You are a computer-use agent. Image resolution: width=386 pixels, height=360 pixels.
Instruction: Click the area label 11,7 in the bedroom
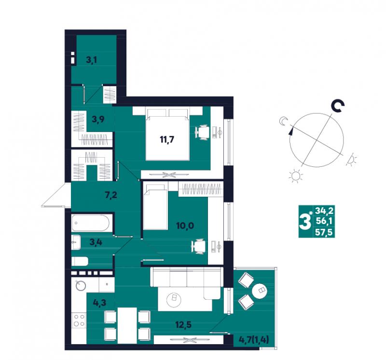[x=167, y=140]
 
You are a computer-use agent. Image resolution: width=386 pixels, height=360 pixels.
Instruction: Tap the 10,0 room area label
[x=185, y=225]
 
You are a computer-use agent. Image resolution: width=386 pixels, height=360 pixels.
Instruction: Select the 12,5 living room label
[x=183, y=325]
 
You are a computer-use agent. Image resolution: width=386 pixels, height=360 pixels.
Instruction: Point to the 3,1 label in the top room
[x=91, y=60]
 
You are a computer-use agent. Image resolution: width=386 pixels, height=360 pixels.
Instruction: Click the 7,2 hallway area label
[x=111, y=195]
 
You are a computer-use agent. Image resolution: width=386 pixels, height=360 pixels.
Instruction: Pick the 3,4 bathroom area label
[x=96, y=242]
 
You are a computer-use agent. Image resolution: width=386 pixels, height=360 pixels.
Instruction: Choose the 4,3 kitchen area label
[x=99, y=302]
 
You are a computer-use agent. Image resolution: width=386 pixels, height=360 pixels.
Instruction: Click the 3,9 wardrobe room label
[x=98, y=119]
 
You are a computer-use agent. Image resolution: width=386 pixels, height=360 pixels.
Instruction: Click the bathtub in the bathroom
[x=90, y=223]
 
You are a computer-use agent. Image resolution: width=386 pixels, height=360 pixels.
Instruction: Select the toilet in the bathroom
[x=80, y=261]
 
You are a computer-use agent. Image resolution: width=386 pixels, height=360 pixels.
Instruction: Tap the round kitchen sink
[x=81, y=285]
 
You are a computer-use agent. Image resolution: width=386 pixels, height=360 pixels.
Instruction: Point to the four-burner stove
[x=79, y=320]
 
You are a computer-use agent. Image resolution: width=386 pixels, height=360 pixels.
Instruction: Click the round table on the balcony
[x=260, y=291]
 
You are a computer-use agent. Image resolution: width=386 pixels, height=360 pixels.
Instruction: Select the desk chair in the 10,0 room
[x=199, y=247]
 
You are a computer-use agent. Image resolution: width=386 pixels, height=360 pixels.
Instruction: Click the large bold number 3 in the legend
[x=305, y=222]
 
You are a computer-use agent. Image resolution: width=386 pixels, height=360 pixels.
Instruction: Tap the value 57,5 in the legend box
[x=324, y=232]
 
